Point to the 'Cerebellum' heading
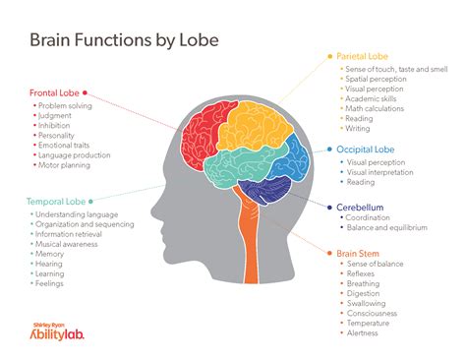361,208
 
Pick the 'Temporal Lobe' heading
55,201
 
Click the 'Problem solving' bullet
65,104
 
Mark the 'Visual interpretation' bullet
383,171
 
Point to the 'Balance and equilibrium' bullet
387,228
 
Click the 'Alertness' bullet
367,333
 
